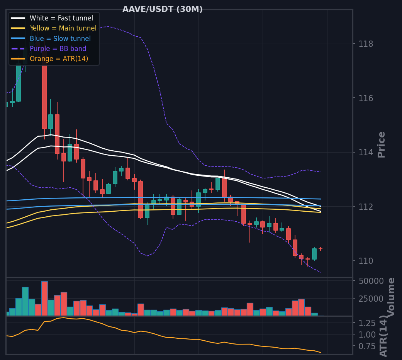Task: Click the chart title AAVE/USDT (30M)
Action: [x=163, y=9]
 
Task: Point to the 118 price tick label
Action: [x=366, y=44]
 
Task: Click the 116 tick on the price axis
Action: [x=366, y=98]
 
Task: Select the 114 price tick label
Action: [x=366, y=152]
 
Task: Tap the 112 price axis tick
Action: [x=366, y=207]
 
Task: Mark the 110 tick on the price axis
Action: [x=366, y=261]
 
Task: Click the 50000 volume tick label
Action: [x=371, y=281]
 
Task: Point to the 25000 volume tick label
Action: [x=371, y=299]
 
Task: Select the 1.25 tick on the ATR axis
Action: [x=367, y=323]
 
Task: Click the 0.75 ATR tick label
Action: [x=367, y=346]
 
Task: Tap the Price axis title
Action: [x=382, y=144]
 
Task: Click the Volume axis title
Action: [x=391, y=297]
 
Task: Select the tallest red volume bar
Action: [x=45, y=299]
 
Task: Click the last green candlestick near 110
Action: [x=314, y=254]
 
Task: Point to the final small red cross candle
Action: [x=321, y=249]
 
